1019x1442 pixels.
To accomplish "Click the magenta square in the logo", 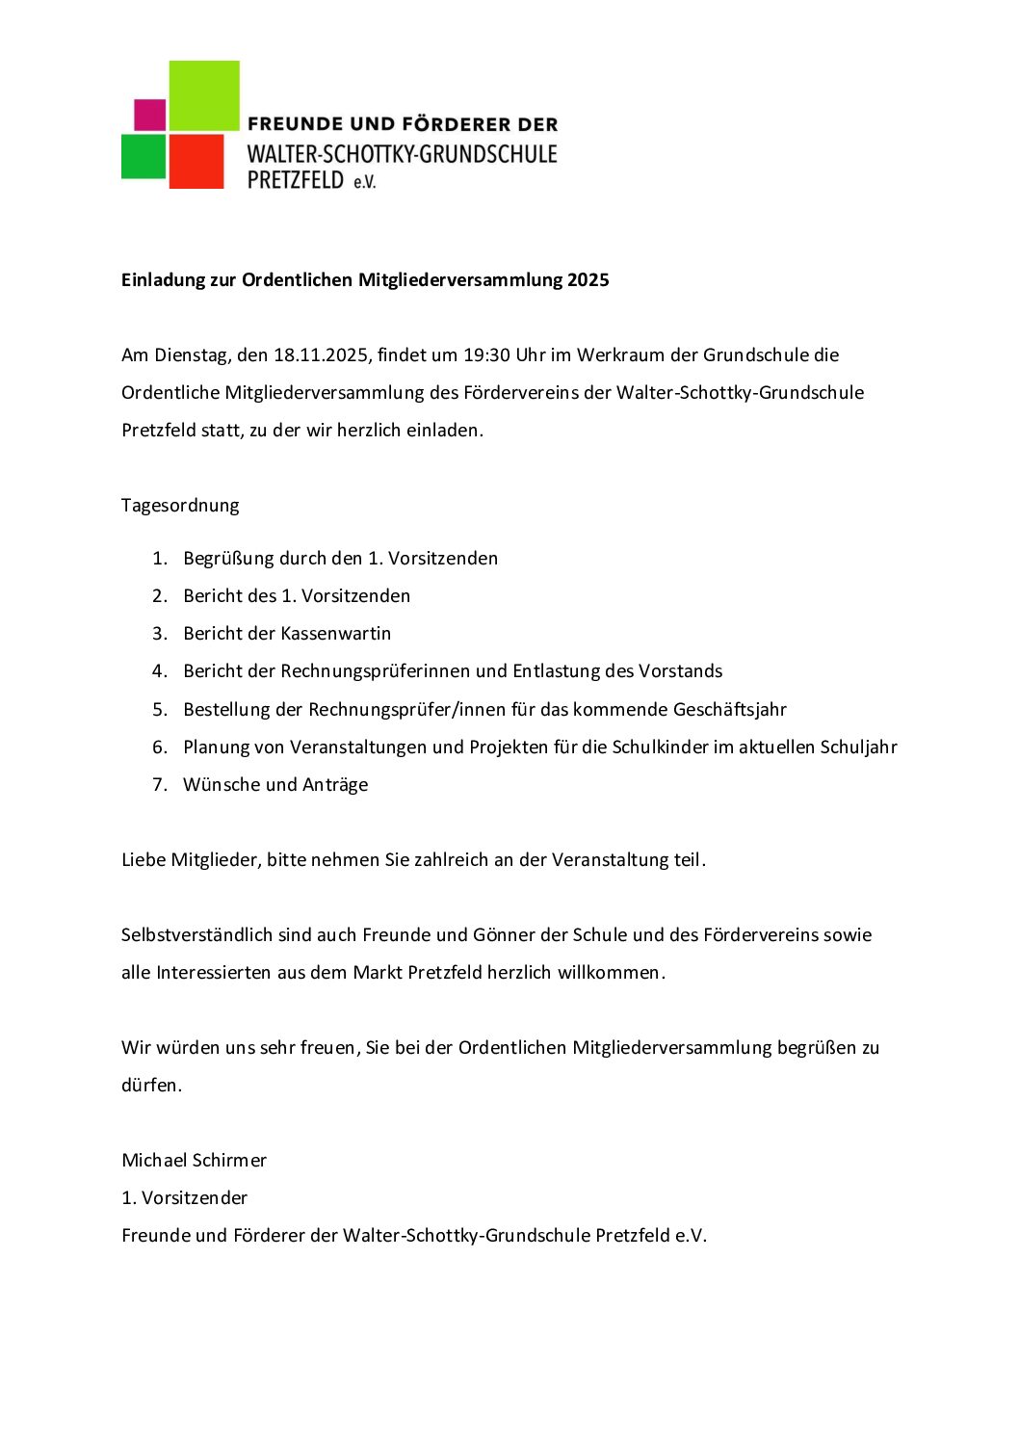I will point(149,115).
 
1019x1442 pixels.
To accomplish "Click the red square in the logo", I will point(196,161).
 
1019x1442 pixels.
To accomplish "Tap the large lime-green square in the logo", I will point(204,95).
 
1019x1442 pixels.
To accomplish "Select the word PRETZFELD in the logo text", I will point(296,179).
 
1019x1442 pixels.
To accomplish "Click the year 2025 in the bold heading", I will point(588,280).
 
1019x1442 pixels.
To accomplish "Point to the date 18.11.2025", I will point(321,355).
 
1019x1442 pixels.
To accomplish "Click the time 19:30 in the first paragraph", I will point(486,355).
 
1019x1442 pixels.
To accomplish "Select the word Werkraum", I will point(620,355).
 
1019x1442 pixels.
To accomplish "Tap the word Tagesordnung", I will point(180,506).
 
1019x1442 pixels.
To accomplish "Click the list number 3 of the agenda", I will point(159,634).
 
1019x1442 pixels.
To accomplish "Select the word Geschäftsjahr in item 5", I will point(729,710).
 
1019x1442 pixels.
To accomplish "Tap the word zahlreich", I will point(451,860).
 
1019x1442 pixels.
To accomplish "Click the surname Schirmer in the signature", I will point(231,1161).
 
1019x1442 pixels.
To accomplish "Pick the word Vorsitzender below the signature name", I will point(195,1198).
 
